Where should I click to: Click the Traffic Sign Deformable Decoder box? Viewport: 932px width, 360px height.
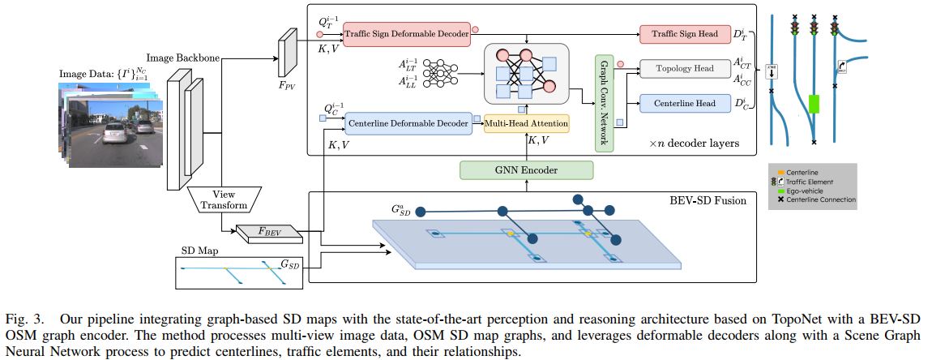pos(405,35)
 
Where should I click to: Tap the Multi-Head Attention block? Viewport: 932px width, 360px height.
pos(526,123)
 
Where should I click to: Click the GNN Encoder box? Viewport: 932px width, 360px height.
pos(527,170)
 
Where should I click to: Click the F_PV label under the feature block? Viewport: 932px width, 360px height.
pos(288,83)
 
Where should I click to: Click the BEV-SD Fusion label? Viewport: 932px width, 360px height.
pos(714,198)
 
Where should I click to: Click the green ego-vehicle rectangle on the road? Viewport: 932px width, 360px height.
pos(814,104)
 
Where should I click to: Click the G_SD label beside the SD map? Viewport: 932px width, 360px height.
pos(291,264)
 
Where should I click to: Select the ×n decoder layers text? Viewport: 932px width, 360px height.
pos(694,144)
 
